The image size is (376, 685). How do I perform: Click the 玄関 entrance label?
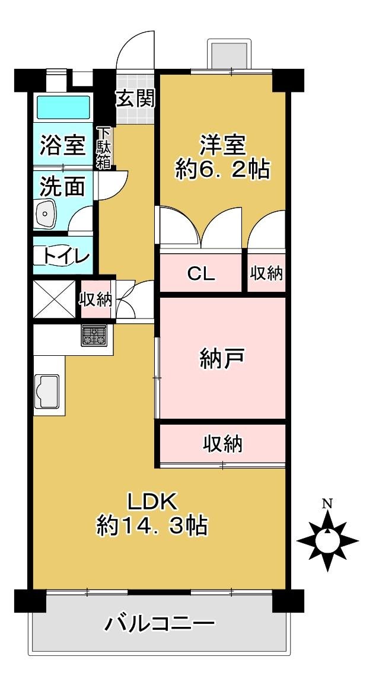[135, 98]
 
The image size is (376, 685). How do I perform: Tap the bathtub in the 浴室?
[63, 107]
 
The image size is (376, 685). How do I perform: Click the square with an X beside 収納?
[54, 299]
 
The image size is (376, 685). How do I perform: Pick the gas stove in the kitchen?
[94, 336]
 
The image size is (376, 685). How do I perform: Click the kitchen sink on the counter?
[47, 391]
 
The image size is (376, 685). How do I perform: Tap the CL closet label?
[201, 274]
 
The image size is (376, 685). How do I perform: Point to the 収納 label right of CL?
[266, 273]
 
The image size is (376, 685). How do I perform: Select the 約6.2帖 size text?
[222, 171]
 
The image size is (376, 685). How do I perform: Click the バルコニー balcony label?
[160, 624]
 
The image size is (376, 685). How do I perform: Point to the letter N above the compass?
[327, 504]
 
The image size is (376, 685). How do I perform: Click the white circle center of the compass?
[327, 540]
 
